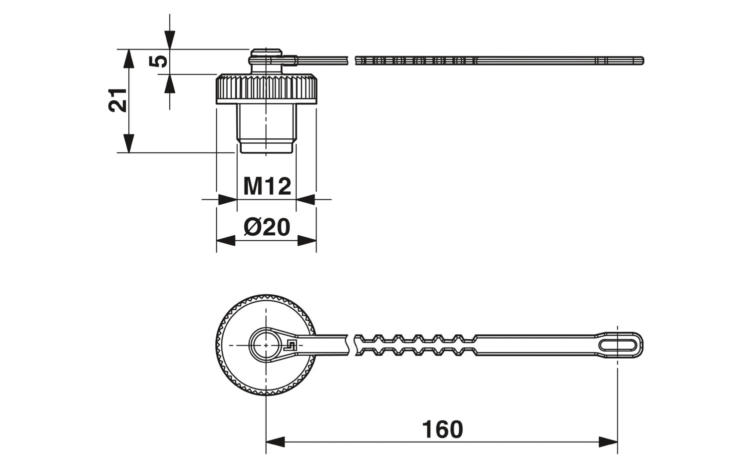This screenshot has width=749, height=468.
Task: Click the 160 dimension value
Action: (442, 430)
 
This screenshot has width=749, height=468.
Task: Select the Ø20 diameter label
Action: (267, 228)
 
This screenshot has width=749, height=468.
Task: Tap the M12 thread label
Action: (267, 186)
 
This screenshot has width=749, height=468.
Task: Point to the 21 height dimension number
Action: (118, 100)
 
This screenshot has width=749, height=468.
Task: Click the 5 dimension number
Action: (158, 61)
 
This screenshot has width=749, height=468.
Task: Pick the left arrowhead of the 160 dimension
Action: (275, 442)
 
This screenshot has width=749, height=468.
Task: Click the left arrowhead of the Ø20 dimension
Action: (226, 241)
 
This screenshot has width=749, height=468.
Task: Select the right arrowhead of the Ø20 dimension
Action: (307, 241)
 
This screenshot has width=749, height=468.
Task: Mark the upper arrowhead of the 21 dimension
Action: (129, 59)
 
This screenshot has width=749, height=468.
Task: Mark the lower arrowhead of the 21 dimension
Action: (129, 143)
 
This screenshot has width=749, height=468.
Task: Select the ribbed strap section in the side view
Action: (414, 61)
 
